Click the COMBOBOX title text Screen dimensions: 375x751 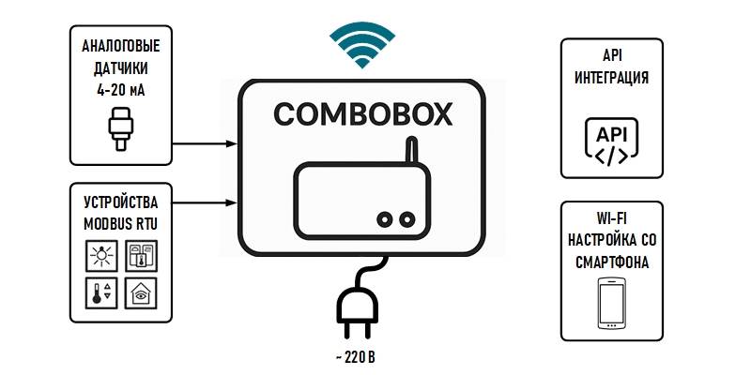(x=362, y=114)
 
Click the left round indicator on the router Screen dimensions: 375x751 (x=384, y=218)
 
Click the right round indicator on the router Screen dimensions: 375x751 (x=406, y=218)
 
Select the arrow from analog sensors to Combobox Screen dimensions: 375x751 (x=204, y=143)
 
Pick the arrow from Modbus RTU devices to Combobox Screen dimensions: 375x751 (x=204, y=200)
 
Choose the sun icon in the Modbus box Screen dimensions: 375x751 (x=100, y=255)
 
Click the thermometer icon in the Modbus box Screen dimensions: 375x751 (x=100, y=292)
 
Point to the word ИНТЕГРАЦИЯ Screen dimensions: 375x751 (x=612, y=77)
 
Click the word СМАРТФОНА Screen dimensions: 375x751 (x=612, y=262)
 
